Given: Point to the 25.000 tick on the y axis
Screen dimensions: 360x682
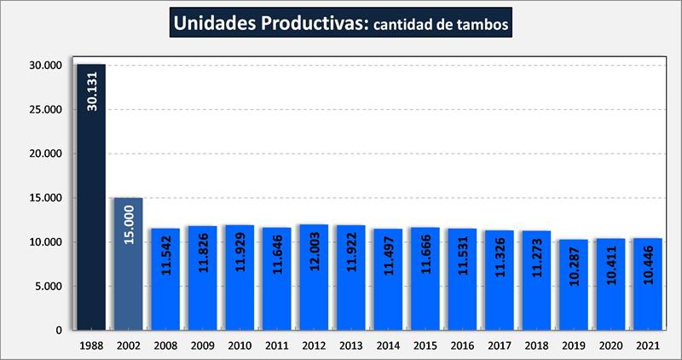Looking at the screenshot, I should [x=46, y=110].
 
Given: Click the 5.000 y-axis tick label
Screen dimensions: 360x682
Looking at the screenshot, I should [x=49, y=287].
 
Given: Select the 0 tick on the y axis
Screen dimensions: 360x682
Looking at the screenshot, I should [x=60, y=330].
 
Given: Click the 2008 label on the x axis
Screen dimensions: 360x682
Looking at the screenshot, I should [x=165, y=345].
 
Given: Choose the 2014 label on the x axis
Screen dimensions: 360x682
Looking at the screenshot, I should [x=387, y=345].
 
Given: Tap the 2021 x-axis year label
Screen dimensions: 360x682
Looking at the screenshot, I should [x=647, y=345].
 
